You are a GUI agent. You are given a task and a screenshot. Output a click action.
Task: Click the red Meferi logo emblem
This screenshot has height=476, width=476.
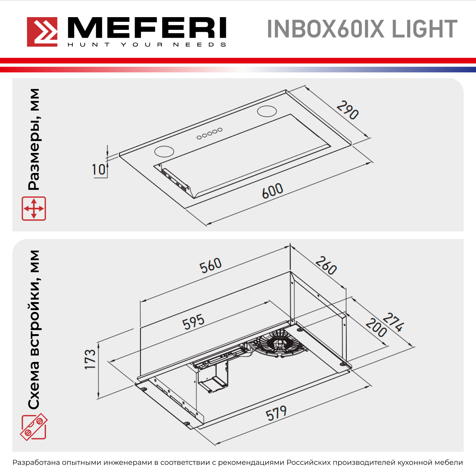[x=42, y=32]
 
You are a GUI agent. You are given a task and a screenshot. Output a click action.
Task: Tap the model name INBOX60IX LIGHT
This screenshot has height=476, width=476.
[x=362, y=29]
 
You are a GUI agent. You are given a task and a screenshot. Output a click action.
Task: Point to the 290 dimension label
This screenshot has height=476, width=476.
[x=348, y=110]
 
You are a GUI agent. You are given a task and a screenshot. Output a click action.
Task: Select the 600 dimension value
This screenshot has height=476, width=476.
[x=272, y=191]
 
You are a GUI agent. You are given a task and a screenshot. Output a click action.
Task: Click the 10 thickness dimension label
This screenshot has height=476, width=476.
[x=99, y=169]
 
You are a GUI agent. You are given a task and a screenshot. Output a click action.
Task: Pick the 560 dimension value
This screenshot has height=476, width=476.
[x=210, y=265]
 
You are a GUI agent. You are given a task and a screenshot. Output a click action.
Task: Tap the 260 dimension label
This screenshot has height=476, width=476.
[x=326, y=265]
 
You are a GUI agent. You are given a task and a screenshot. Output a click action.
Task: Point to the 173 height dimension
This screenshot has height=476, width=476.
[x=90, y=359]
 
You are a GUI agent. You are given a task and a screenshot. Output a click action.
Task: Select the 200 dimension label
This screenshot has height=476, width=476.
[x=376, y=327]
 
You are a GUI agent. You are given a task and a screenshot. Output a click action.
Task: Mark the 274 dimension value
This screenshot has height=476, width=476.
[x=393, y=322]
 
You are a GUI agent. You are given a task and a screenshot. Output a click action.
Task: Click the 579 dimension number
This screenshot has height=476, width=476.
[x=276, y=413]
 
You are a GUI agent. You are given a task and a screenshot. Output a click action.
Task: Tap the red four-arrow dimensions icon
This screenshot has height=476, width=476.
[x=34, y=208]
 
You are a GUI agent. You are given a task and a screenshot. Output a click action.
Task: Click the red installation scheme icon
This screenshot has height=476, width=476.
[x=34, y=427]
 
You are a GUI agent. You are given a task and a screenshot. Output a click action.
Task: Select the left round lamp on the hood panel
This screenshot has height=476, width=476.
[x=164, y=151]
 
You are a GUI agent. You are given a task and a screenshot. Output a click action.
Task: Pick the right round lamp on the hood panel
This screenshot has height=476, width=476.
[x=267, y=111]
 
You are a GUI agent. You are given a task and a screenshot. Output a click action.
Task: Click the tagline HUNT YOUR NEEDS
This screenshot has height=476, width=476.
[x=147, y=45]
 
